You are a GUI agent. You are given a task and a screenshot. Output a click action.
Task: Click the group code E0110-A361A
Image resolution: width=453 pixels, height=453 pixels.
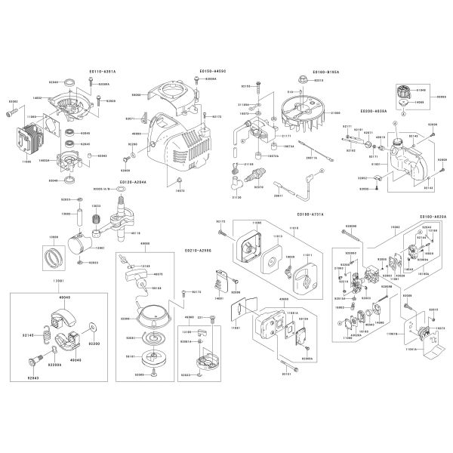click(x=102, y=70)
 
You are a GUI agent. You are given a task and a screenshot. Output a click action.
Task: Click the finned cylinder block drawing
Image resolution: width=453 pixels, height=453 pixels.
click(x=30, y=142)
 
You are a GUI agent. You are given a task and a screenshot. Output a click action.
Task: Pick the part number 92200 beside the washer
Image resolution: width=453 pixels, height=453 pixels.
click(x=94, y=343)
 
